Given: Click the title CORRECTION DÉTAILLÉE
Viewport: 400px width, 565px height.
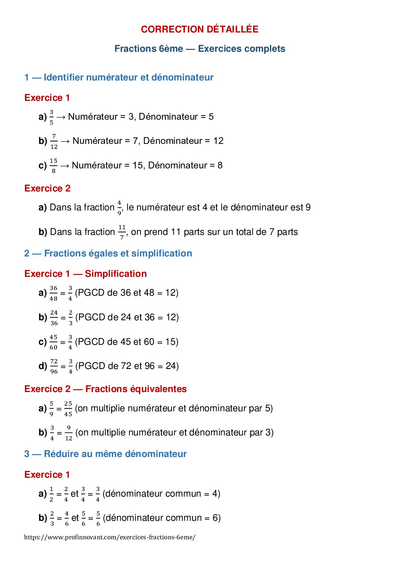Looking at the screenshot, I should pyautogui.click(x=199, y=29).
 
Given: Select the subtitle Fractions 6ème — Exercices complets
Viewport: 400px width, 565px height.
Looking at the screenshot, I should pyautogui.click(x=199, y=49).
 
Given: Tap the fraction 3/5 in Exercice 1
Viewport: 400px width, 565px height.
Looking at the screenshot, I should pyautogui.click(x=51, y=117).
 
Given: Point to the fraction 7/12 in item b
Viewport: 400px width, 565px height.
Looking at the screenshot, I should pyautogui.click(x=54, y=141).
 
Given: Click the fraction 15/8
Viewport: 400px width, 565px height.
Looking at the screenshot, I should pyautogui.click(x=54, y=166).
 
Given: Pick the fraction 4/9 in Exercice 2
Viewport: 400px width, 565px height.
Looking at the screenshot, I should pyautogui.click(x=119, y=208).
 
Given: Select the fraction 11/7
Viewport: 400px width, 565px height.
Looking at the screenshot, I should pyautogui.click(x=122, y=232).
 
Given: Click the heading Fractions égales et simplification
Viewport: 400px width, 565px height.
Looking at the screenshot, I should pyautogui.click(x=118, y=253).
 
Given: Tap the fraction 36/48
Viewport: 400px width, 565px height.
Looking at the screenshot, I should pyautogui.click(x=54, y=293).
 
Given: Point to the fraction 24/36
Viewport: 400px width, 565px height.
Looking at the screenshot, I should pyautogui.click(x=54, y=318).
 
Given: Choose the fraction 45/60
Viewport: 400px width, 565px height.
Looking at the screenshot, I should pyautogui.click(x=54, y=342).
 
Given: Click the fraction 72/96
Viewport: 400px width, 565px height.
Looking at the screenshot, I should pyautogui.click(x=54, y=366).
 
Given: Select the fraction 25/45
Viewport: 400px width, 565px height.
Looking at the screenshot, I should pyautogui.click(x=68, y=409).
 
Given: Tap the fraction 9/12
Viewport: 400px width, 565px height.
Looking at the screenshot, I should pyautogui.click(x=69, y=433).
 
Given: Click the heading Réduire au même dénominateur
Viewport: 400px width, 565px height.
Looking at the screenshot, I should pyautogui.click(x=115, y=454).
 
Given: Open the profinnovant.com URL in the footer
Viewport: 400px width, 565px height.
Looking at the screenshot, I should pyautogui.click(x=110, y=537).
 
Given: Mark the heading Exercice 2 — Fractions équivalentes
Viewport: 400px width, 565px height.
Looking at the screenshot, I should pyautogui.click(x=105, y=389).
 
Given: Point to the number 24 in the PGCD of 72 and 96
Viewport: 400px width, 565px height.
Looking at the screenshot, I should pyautogui.click(x=171, y=366).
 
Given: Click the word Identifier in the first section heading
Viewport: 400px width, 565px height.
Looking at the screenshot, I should pyautogui.click(x=63, y=77).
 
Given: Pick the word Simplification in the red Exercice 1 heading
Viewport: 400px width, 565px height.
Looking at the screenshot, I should pyautogui.click(x=116, y=274).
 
